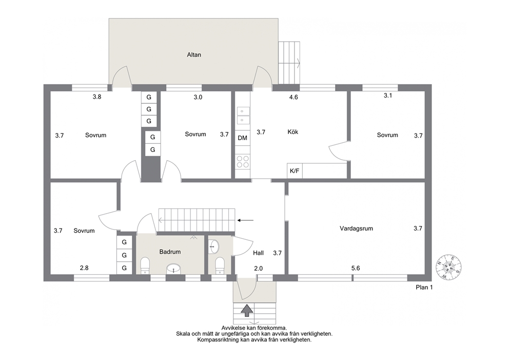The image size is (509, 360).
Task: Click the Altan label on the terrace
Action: (x=194, y=54)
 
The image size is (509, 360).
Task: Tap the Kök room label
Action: (x=292, y=131)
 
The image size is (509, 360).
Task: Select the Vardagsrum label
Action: (x=356, y=229)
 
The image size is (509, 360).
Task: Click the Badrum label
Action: (x=170, y=252)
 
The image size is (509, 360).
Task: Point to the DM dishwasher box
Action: (x=243, y=138)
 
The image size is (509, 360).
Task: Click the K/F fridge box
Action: (x=295, y=170)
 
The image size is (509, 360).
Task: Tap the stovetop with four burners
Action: (x=243, y=162)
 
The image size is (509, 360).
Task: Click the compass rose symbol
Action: (x=448, y=267)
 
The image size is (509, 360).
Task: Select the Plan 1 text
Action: (x=424, y=287)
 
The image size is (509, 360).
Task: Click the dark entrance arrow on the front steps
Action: (x=247, y=310)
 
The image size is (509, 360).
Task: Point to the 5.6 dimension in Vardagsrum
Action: (x=356, y=268)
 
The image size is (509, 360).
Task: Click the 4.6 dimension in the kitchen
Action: (x=293, y=97)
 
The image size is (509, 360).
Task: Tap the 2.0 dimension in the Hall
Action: (x=259, y=269)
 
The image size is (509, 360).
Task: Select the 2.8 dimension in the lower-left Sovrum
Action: (x=84, y=268)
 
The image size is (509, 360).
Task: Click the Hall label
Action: (x=259, y=253)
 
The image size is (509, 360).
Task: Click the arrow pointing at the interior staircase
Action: (x=245, y=220)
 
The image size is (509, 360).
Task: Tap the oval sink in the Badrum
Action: (x=173, y=269)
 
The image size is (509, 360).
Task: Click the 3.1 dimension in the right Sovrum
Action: (x=388, y=96)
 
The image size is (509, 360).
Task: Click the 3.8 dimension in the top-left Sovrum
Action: (x=97, y=97)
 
